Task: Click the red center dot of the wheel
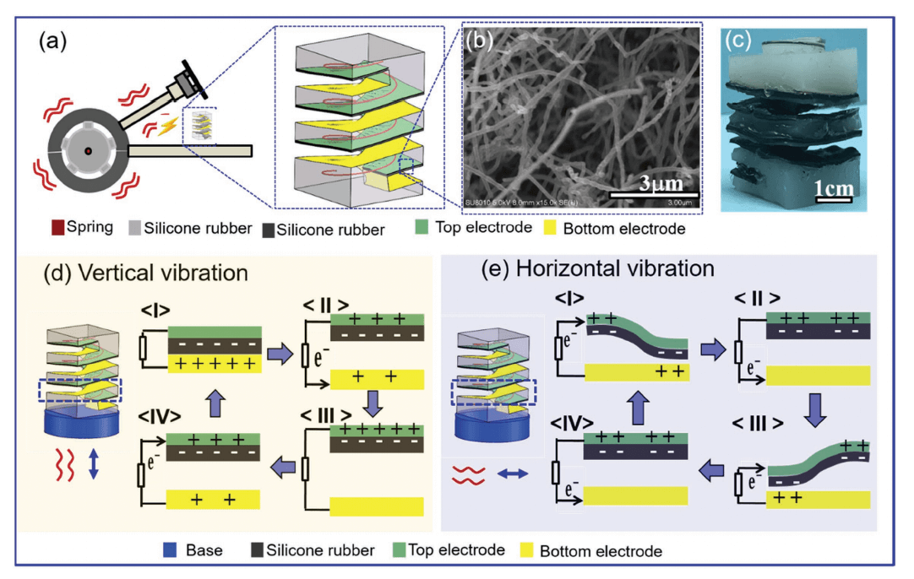(87, 152)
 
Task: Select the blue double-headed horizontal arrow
(512, 474)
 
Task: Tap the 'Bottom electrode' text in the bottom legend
(601, 551)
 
